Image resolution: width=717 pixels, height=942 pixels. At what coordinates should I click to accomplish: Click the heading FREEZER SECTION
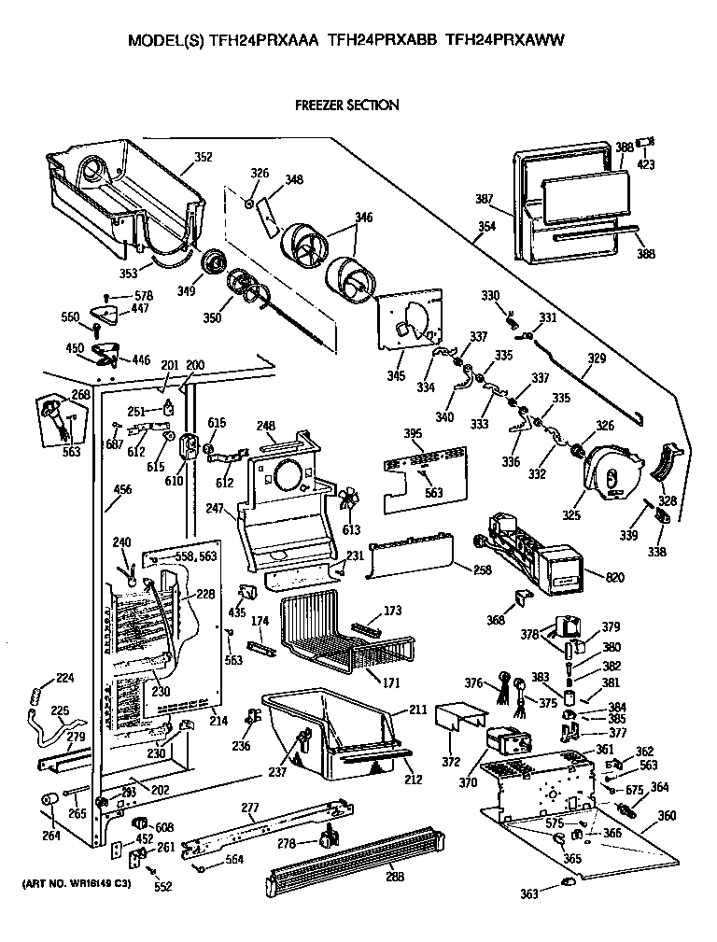tap(346, 105)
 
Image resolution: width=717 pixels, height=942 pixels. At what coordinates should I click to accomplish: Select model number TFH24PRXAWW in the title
tap(506, 40)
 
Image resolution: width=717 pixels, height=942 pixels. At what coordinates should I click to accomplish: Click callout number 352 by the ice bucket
tap(203, 157)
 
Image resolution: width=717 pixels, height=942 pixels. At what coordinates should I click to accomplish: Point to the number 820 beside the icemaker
tap(614, 578)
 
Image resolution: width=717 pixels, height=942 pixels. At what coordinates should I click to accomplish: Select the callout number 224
tap(65, 679)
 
